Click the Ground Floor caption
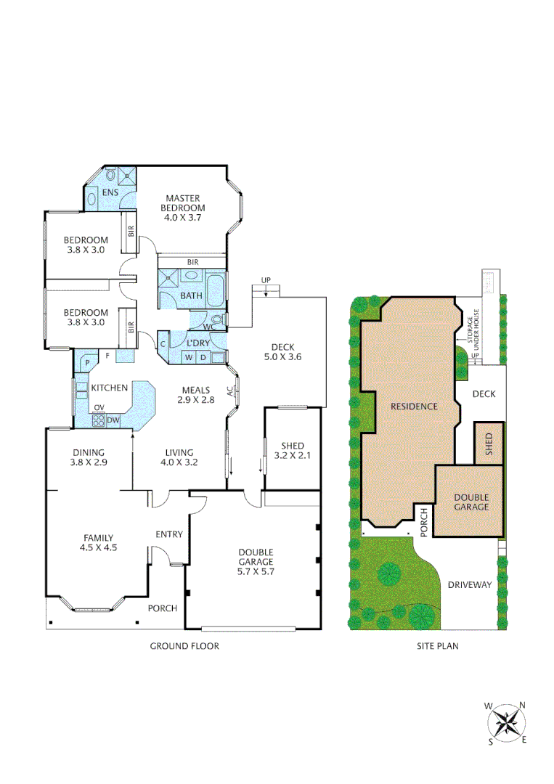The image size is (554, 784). tap(184, 645)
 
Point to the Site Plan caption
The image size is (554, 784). tap(437, 645)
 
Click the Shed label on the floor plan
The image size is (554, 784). tap(289, 450)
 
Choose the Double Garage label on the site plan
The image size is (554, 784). tap(471, 502)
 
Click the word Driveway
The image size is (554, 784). tap(469, 584)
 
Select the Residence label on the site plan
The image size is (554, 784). tap(414, 407)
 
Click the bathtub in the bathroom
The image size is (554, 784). tap(216, 290)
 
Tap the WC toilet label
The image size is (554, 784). tap(209, 327)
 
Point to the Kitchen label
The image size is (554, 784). tap(110, 388)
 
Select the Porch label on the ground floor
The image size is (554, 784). tap(163, 608)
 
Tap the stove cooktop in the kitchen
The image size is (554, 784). tap(99, 419)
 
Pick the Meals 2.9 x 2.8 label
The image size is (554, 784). tap(197, 395)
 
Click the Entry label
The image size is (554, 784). tap(169, 534)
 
